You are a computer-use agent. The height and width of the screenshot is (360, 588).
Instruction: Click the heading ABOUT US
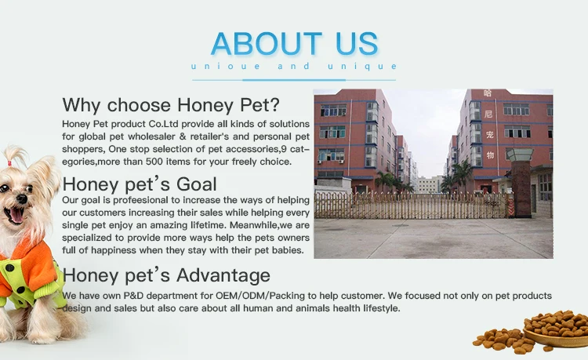point(294,43)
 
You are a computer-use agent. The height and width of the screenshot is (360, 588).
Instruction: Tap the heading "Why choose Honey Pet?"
point(171,104)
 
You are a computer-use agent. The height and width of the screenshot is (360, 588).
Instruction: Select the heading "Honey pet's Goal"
point(140,184)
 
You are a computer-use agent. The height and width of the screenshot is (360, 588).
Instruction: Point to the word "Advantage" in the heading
point(223,275)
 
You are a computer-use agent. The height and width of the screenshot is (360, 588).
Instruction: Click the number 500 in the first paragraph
point(154,162)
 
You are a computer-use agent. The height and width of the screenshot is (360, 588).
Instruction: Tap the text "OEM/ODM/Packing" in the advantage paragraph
point(260,296)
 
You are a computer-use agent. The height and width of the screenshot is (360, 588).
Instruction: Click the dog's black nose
point(22,198)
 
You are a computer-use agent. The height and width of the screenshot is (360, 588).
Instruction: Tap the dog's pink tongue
point(16,215)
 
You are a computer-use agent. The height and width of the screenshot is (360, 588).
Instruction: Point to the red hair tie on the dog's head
point(9,163)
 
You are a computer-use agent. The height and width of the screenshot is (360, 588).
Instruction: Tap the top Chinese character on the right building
point(488,93)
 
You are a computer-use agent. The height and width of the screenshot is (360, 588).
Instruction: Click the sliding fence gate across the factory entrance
point(412,205)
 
